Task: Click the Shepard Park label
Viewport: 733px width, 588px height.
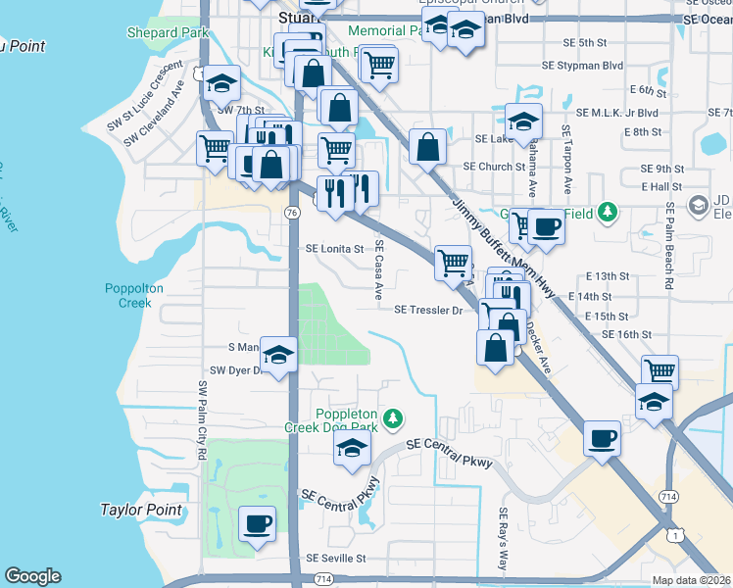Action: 169,32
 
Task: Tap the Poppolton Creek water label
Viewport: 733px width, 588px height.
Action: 128,295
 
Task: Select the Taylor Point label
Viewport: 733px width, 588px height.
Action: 141,510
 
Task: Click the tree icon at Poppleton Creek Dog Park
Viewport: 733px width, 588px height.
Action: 393,418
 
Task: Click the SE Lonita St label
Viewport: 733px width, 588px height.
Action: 335,250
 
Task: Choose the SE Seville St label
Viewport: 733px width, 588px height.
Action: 335,558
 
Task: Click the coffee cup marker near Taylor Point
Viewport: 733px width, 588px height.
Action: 257,524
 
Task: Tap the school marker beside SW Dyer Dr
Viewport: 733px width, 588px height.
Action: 279,356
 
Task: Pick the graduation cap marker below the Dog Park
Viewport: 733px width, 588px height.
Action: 352,449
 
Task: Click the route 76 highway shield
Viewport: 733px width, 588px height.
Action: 292,212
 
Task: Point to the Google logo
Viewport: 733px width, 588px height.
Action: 32,576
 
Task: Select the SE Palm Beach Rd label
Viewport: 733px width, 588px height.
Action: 669,245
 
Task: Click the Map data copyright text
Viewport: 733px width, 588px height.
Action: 692,580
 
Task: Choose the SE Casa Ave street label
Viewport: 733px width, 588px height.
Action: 375,272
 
